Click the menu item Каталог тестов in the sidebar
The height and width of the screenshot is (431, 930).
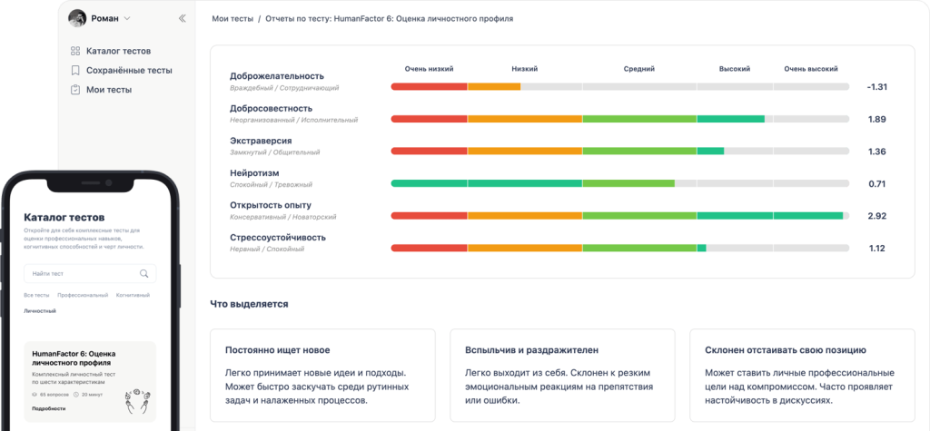[x=117, y=51]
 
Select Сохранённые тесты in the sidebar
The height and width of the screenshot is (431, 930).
[x=128, y=70]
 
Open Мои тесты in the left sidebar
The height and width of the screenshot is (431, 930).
[x=108, y=90]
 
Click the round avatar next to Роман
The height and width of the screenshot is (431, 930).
[x=77, y=18]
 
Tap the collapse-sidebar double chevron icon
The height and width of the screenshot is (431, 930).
[x=183, y=18]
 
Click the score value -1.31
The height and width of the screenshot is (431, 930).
[x=876, y=87]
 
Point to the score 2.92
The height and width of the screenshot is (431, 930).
[x=876, y=216]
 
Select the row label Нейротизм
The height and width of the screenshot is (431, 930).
[x=254, y=172]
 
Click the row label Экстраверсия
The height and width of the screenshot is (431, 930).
[x=261, y=141]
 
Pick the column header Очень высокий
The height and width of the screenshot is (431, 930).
[x=811, y=69]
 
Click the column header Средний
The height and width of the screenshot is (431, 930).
[x=638, y=69]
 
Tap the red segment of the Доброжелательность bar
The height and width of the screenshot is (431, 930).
[x=429, y=87]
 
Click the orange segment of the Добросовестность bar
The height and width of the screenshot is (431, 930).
[x=524, y=119]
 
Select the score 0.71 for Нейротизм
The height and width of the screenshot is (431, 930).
[x=876, y=184]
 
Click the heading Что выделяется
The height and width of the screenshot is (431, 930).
[x=249, y=304]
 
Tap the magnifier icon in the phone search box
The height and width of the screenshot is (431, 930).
[x=143, y=273]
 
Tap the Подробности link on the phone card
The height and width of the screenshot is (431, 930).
[x=49, y=408]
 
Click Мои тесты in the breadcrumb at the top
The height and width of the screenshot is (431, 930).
[x=232, y=18]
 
